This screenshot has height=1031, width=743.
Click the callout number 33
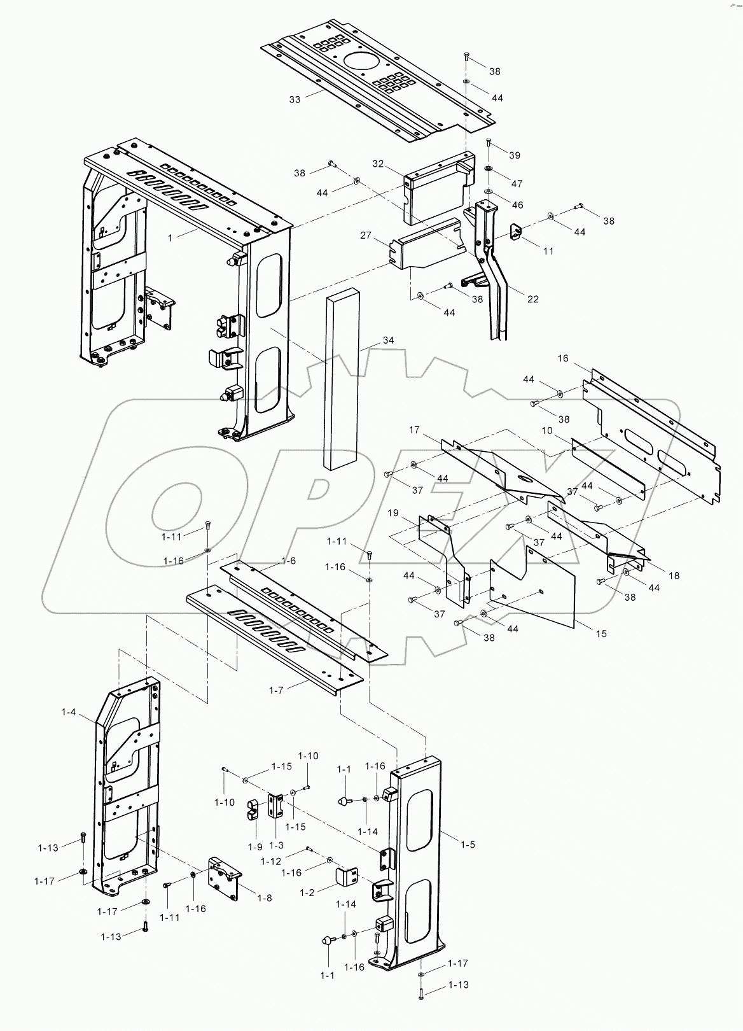pyautogui.click(x=295, y=99)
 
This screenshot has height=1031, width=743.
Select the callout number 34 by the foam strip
pyautogui.click(x=388, y=340)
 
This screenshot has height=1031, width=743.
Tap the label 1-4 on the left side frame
pyautogui.click(x=69, y=712)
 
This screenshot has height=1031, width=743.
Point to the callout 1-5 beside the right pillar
pyautogui.click(x=468, y=845)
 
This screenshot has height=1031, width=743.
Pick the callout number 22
pyautogui.click(x=532, y=299)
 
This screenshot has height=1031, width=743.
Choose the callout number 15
pyautogui.click(x=601, y=633)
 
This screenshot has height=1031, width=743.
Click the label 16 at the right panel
pyautogui.click(x=563, y=358)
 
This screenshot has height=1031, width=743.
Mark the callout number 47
pyautogui.click(x=517, y=183)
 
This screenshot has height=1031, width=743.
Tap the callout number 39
pyautogui.click(x=514, y=155)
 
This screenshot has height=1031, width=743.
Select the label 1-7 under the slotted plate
pyautogui.click(x=275, y=690)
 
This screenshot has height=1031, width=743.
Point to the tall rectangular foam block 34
pyautogui.click(x=342, y=382)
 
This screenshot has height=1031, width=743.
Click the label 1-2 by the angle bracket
pyautogui.click(x=307, y=892)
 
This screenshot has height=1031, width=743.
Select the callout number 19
pyautogui.click(x=393, y=512)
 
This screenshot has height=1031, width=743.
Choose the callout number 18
pyautogui.click(x=674, y=575)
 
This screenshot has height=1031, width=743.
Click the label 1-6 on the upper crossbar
pyautogui.click(x=288, y=561)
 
